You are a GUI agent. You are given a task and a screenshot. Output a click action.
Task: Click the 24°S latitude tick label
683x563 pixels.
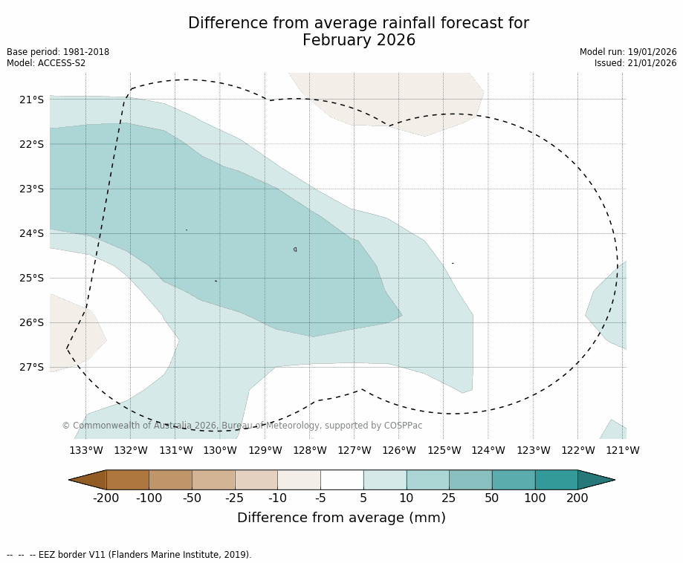coord(31,233)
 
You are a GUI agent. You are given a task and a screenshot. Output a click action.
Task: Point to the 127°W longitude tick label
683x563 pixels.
coord(355,450)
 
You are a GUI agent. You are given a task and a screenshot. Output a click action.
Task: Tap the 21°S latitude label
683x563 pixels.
coord(31,100)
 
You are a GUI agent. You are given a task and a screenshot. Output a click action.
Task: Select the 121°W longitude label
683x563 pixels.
coord(623,450)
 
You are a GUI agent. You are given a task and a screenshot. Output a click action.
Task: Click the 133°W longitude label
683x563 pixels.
coord(86,450)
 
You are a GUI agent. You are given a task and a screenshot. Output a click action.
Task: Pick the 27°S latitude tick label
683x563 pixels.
coord(31,367)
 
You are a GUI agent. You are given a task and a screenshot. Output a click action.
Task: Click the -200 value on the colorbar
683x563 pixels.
coord(106,498)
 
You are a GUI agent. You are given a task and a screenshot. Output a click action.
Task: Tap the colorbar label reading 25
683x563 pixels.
coord(449,498)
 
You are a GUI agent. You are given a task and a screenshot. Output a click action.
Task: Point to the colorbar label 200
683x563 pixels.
coord(577,498)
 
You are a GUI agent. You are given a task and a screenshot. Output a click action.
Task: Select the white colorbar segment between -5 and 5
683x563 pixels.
coord(342,480)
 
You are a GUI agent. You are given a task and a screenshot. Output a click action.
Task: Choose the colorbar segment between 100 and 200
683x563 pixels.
coord(556,480)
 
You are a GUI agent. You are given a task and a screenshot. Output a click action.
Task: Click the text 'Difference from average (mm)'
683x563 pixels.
coord(341,518)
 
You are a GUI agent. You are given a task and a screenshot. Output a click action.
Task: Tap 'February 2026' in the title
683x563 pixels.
coord(359,41)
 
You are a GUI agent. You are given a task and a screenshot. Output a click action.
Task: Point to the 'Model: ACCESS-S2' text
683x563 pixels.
coord(46,63)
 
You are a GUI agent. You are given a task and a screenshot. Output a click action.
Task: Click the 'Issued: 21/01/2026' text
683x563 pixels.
coord(635,63)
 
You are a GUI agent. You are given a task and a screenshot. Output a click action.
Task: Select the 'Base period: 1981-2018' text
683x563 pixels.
coord(58,52)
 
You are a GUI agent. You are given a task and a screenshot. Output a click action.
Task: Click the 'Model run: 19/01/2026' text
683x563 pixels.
coord(628,52)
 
